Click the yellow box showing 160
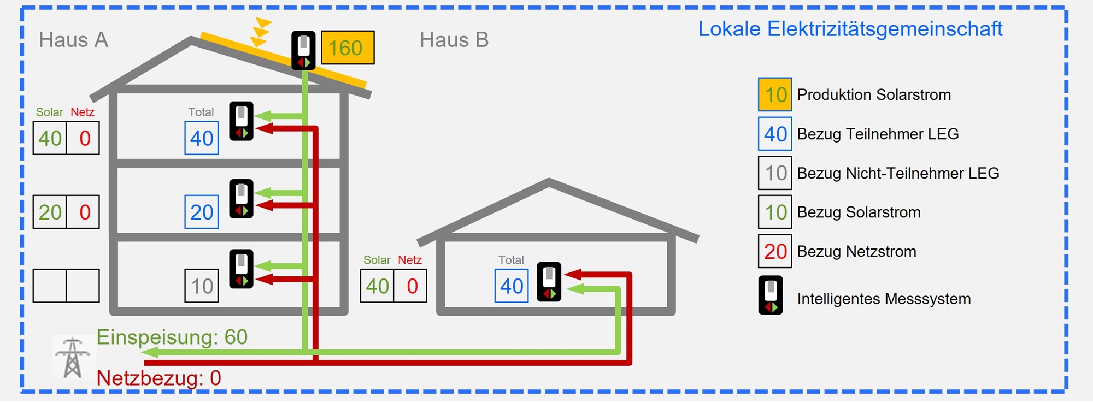[348, 48]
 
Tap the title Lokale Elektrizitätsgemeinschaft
[850, 29]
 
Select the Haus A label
[74, 40]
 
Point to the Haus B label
[454, 40]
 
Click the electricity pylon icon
[73, 358]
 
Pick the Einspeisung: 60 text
[172, 337]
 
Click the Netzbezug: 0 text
[159, 378]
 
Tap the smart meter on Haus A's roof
[303, 50]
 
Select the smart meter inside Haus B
[549, 282]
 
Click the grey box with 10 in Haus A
[202, 286]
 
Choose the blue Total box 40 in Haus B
[512, 286]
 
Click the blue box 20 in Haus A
[202, 212]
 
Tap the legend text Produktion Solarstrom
[874, 94]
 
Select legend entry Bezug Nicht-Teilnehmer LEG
[898, 173]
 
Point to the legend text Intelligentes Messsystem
[884, 299]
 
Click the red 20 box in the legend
[775, 251]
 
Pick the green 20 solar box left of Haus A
[50, 212]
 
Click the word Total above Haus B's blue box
[511, 260]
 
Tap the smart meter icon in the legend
[771, 295]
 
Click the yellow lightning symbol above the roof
[261, 32]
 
